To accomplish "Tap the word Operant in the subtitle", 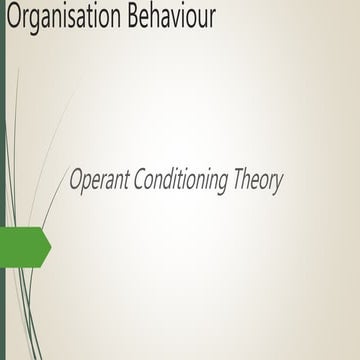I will point(98,180).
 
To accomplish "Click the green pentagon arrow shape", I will point(24,246).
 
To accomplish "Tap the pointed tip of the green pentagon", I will point(49,246).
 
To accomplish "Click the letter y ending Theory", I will point(279,184).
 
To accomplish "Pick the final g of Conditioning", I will point(225,185).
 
